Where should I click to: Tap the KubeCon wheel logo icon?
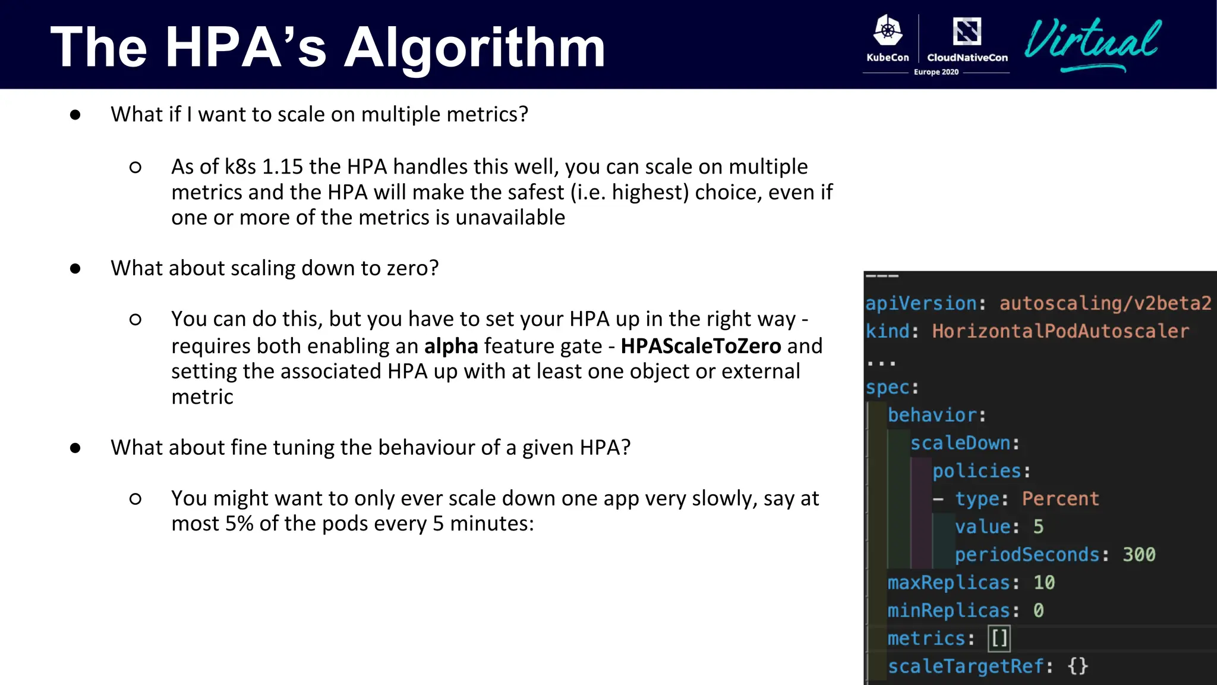(888, 31)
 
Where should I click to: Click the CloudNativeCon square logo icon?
(967, 31)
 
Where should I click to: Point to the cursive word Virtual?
(1092, 42)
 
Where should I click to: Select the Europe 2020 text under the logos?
(936, 72)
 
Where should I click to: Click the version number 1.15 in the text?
(282, 167)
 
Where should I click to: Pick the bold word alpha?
(451, 346)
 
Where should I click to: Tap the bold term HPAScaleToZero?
(701, 346)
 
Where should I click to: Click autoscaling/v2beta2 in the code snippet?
(1105, 303)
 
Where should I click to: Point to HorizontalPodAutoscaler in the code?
(1060, 331)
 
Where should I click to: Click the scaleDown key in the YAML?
(960, 443)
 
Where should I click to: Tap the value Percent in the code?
(1060, 499)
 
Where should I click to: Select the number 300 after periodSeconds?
(1139, 555)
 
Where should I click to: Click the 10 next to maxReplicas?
(1044, 583)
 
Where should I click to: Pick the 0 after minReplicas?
(1038, 611)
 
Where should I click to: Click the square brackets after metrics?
(999, 639)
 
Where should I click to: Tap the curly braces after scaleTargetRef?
(1077, 666)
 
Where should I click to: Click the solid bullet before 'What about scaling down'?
(75, 269)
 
